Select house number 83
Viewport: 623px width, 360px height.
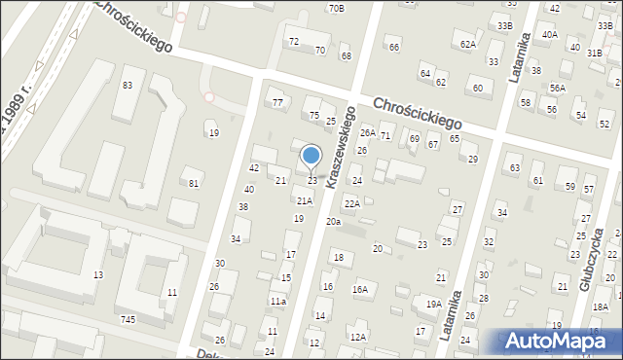[128, 86]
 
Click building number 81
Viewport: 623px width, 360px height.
[195, 183]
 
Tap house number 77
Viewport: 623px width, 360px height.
[277, 102]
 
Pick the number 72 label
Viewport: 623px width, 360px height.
[294, 42]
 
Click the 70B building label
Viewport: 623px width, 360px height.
[336, 8]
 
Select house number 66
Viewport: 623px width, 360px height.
[394, 47]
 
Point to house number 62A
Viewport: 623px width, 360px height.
[468, 44]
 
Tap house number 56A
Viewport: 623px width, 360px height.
[557, 88]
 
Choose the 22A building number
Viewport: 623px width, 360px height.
[351, 203]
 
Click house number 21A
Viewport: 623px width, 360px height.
[305, 200]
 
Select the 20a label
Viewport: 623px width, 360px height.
[334, 222]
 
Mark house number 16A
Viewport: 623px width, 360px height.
[360, 289]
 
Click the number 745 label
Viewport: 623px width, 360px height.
[128, 319]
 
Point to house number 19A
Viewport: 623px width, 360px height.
[434, 304]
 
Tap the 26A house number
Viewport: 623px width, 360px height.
[368, 132]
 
